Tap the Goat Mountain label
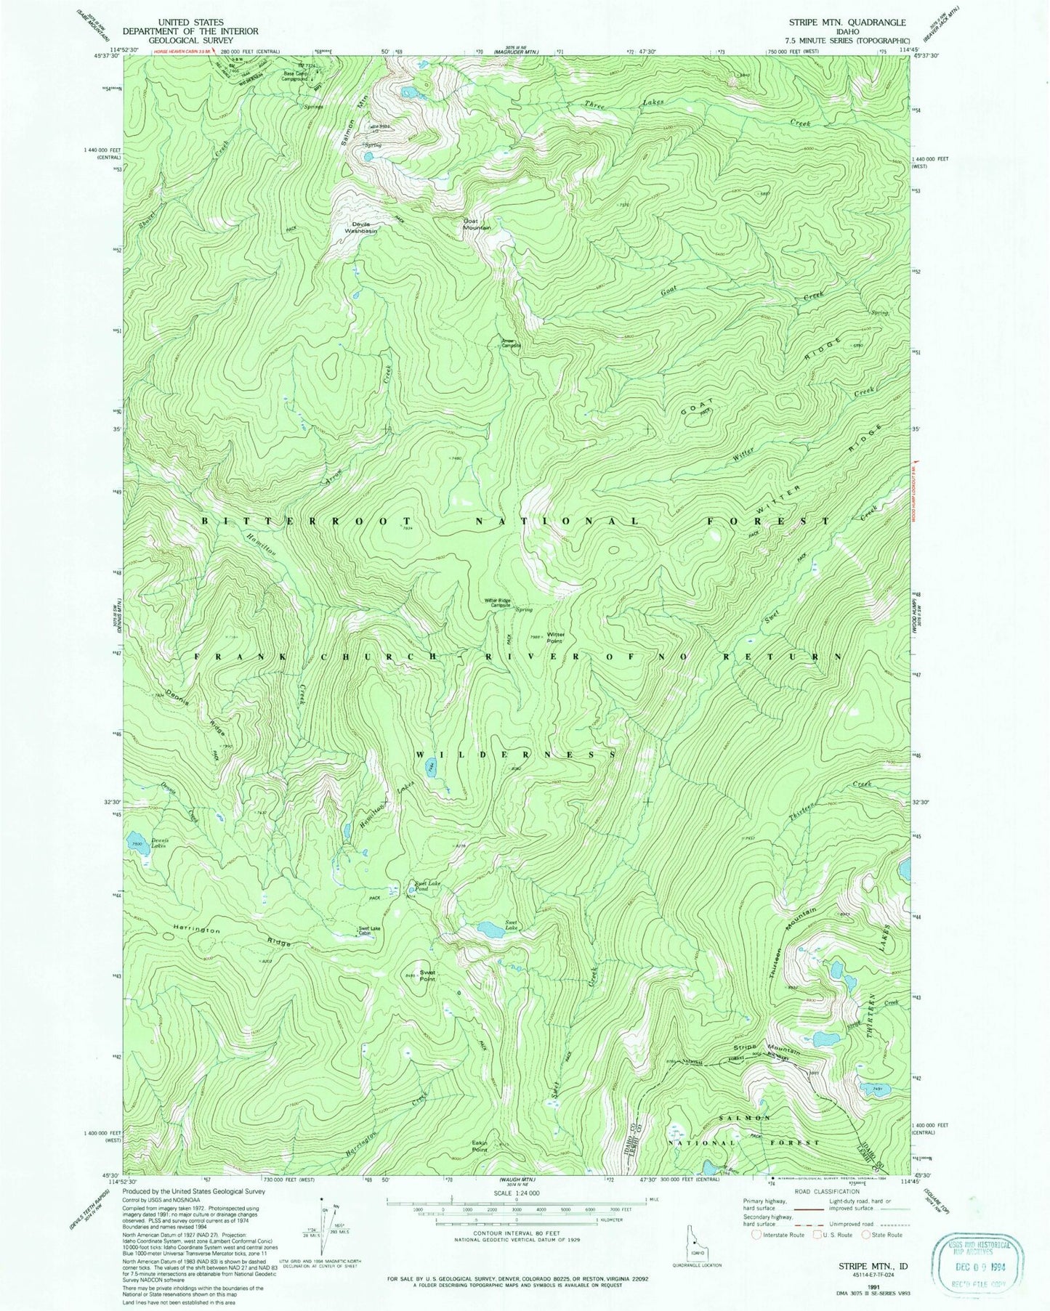point(477,224)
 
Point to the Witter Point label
point(556,637)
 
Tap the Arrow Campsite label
point(511,343)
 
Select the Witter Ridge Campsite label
point(498,602)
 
